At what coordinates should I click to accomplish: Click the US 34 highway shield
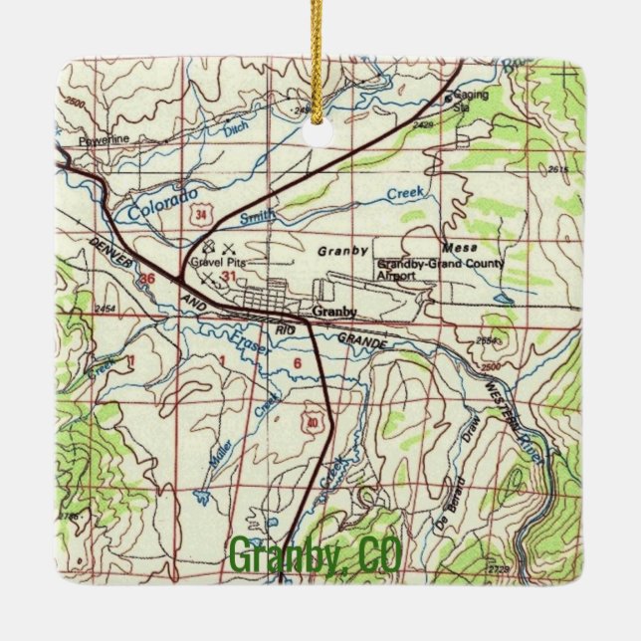pos(203,213)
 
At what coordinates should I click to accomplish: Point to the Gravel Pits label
pos(220,262)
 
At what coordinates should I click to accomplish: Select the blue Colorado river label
pos(157,199)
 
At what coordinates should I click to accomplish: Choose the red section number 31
pos(231,277)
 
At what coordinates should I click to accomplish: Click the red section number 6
pos(297,363)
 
